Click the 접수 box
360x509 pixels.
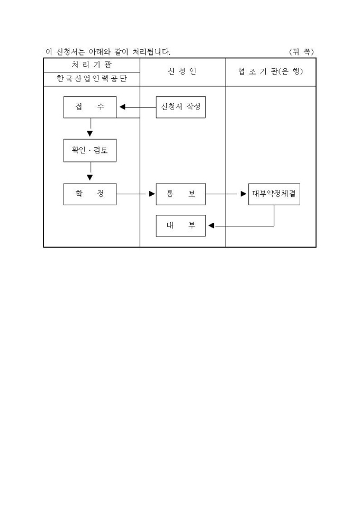89,107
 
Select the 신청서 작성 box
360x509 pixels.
181,107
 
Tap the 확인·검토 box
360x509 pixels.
89,151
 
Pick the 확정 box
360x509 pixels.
89,194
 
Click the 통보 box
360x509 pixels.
181,194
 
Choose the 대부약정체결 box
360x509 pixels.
274,194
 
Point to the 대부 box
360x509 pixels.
181,225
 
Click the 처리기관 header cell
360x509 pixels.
92,65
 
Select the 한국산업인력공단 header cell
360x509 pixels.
92,79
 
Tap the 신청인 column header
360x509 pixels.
182,72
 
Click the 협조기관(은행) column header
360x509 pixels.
270,72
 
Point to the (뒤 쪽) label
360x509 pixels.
301,51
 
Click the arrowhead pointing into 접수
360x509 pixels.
122,107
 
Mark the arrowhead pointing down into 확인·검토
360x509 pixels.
90,133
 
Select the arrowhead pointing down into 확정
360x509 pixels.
90,177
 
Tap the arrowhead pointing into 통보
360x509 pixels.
151,194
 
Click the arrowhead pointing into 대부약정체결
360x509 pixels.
244,194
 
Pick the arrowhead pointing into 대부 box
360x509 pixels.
211,226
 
